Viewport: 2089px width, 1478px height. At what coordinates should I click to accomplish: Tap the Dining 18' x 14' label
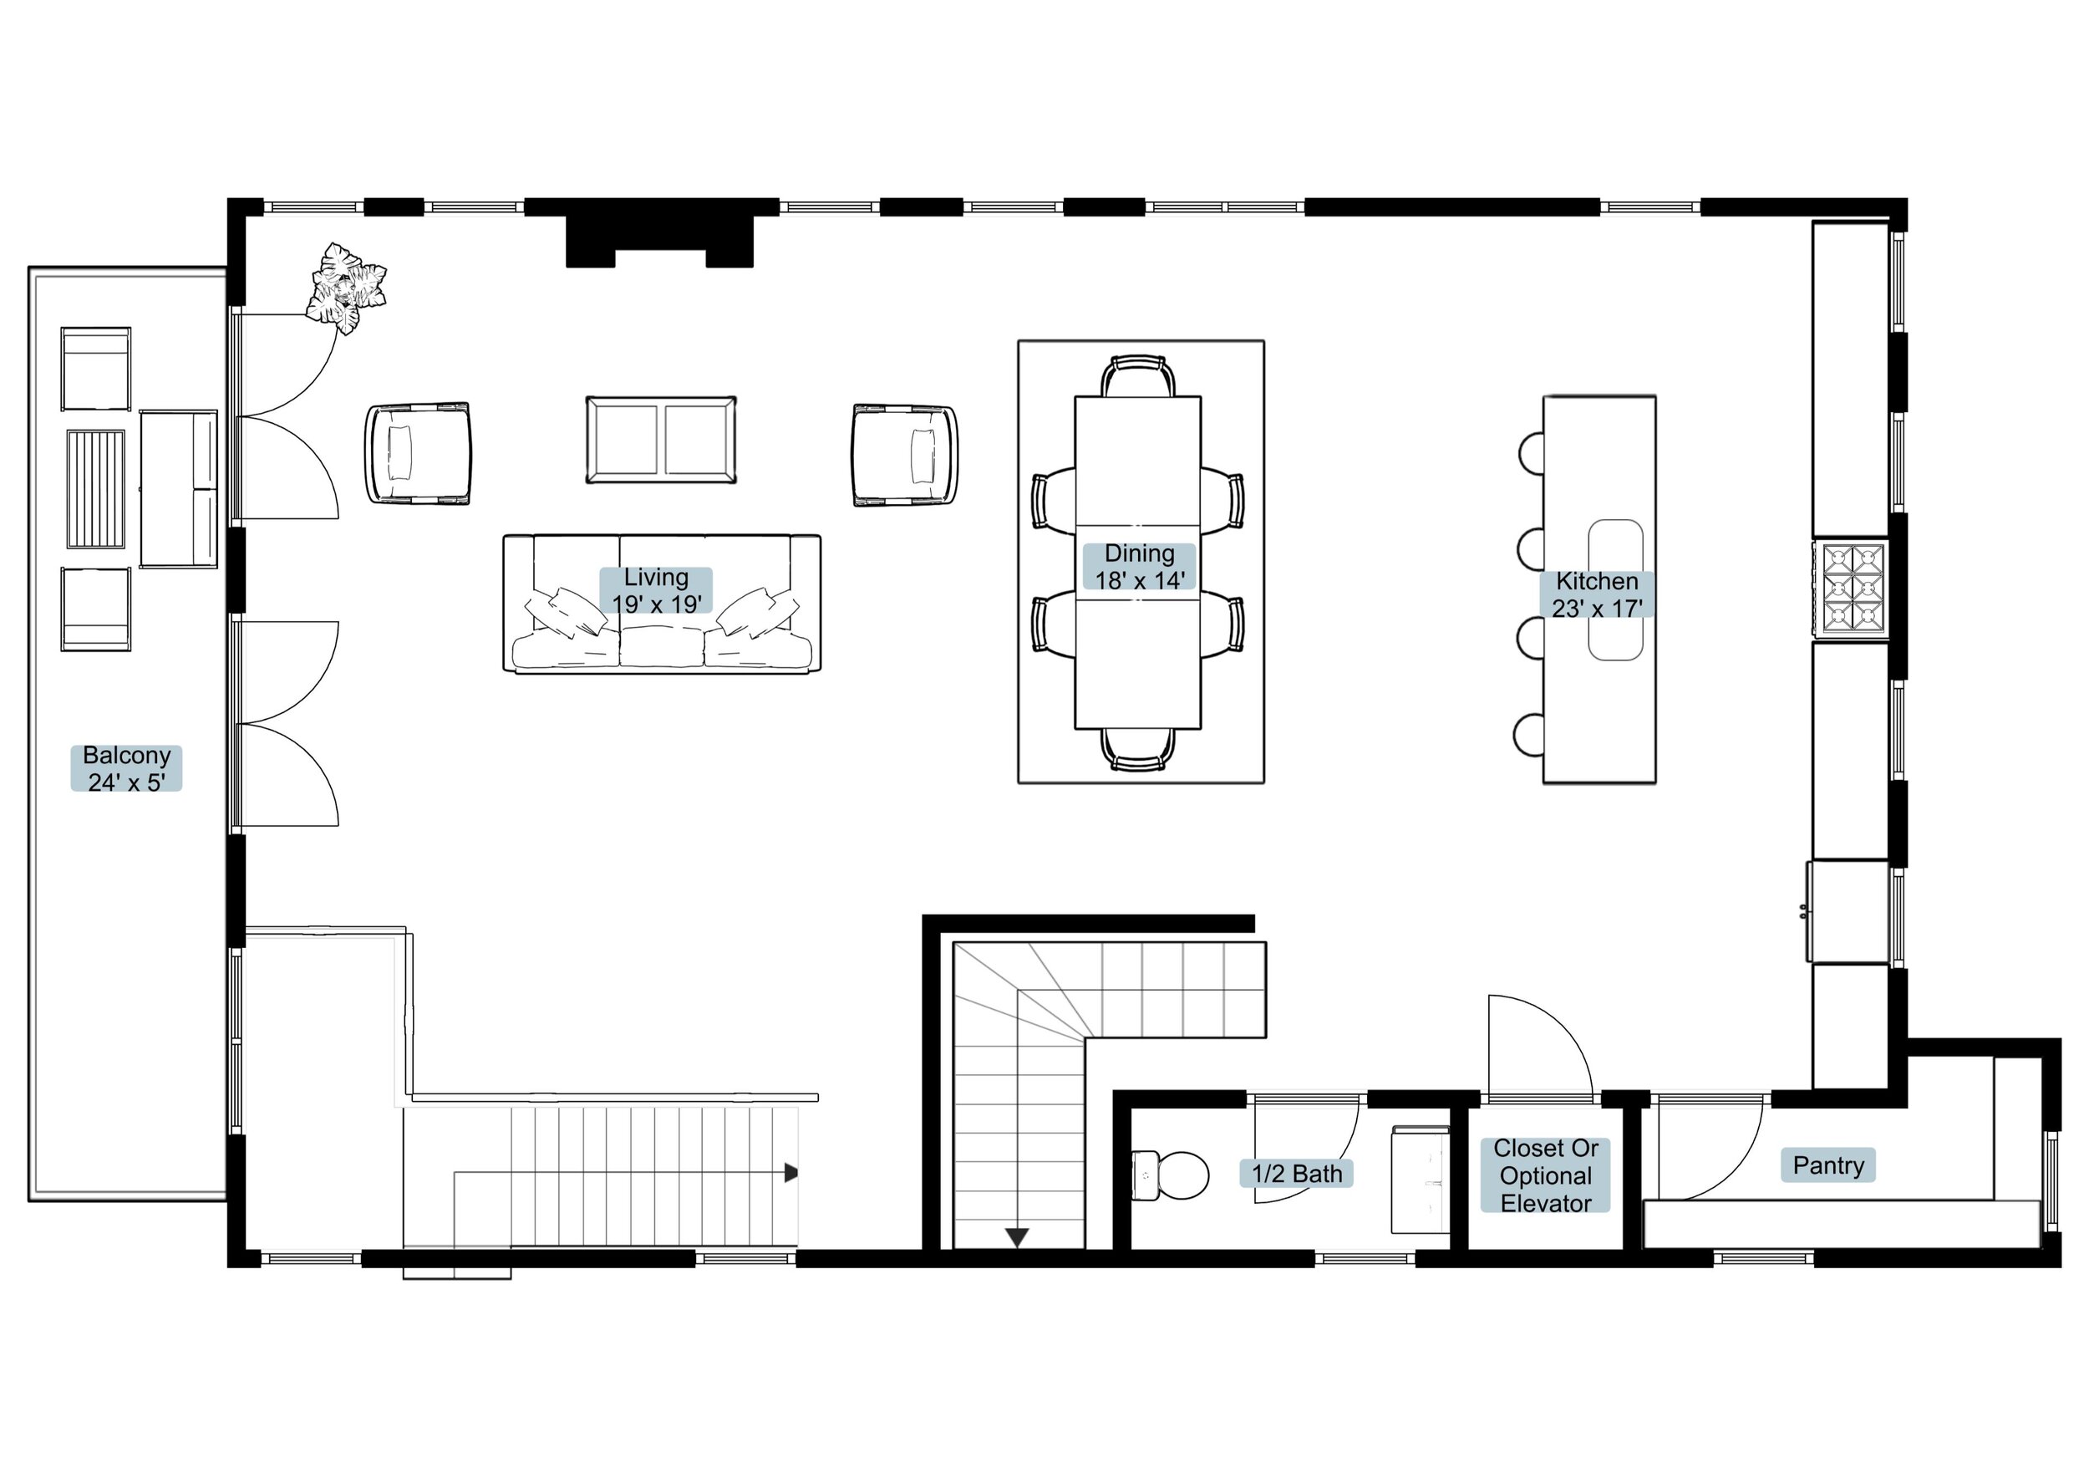[x=1139, y=566]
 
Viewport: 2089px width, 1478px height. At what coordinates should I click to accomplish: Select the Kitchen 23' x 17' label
[x=1597, y=594]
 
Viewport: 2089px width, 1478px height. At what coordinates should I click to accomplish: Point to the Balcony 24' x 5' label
[x=126, y=768]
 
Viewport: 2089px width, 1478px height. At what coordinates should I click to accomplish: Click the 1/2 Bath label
[x=1297, y=1174]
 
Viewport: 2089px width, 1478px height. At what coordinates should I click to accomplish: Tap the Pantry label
[x=1828, y=1165]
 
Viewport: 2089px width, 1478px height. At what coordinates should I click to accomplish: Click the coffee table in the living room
[x=662, y=440]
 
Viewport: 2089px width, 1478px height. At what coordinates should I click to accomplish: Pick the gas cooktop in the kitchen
[x=1851, y=588]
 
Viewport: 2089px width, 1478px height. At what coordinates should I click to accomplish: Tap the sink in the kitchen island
[x=1615, y=589]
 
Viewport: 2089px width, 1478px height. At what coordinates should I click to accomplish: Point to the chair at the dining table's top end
[x=1137, y=376]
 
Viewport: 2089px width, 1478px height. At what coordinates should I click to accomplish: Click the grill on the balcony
[x=95, y=490]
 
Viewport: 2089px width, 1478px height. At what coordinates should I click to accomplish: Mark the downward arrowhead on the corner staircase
[x=1016, y=1238]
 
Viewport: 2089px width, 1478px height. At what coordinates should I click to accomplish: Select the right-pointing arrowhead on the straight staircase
[x=790, y=1173]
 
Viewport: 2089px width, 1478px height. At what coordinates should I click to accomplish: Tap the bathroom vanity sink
[x=1421, y=1180]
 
